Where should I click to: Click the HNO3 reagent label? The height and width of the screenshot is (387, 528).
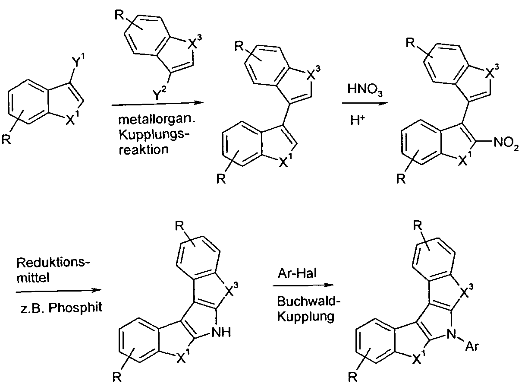click(x=365, y=90)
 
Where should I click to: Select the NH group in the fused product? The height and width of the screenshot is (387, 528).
click(x=221, y=333)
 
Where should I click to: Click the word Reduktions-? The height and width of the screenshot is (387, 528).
click(x=53, y=263)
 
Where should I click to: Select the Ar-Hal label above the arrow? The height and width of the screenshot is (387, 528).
click(x=297, y=273)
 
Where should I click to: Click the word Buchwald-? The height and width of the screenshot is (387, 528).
click(x=308, y=301)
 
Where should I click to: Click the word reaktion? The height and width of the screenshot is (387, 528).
click(x=144, y=149)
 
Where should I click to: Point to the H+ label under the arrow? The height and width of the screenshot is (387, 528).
click(x=357, y=120)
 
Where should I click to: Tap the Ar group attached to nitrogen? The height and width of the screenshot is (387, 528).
click(x=472, y=346)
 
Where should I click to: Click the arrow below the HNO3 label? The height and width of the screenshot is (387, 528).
click(x=365, y=103)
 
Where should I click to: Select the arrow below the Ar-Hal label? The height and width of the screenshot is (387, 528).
click(x=303, y=285)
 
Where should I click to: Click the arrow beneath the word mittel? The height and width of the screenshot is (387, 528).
click(x=59, y=291)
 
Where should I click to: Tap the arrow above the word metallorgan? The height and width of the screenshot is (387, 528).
click(x=157, y=104)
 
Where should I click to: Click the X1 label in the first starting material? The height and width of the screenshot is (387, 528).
click(x=72, y=118)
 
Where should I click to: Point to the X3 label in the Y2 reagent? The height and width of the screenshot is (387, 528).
click(x=195, y=42)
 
